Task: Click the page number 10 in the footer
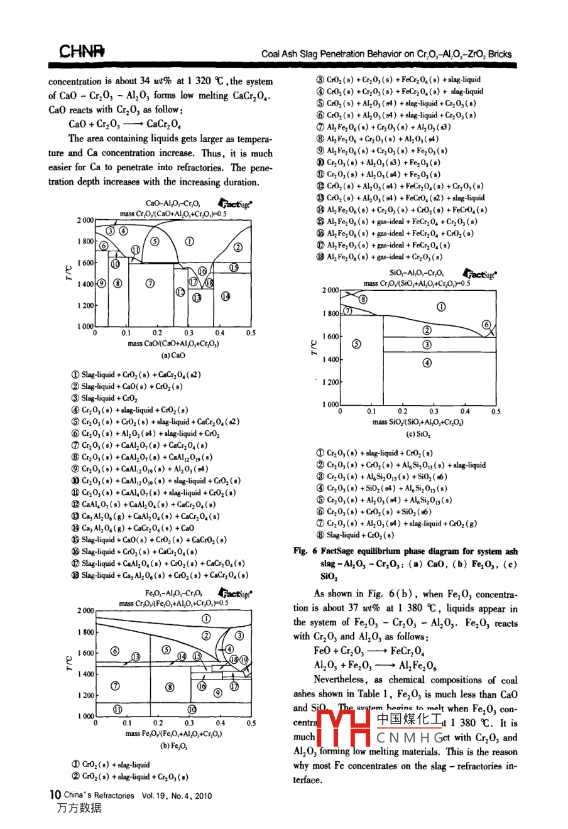[x=55, y=794]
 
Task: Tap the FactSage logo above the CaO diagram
[x=234, y=203]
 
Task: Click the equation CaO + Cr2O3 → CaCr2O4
[x=125, y=124]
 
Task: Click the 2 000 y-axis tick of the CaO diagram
[x=85, y=220]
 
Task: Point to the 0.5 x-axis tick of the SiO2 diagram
[x=496, y=412]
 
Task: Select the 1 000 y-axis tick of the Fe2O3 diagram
[x=85, y=717]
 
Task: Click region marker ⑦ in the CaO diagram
[x=150, y=283]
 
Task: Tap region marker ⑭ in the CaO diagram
[x=226, y=296]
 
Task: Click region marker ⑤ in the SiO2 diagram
[x=357, y=344]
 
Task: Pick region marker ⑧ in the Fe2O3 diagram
[x=170, y=686]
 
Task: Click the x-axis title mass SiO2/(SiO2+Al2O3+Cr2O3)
[x=417, y=422]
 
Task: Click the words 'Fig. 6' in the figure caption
[x=305, y=551]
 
